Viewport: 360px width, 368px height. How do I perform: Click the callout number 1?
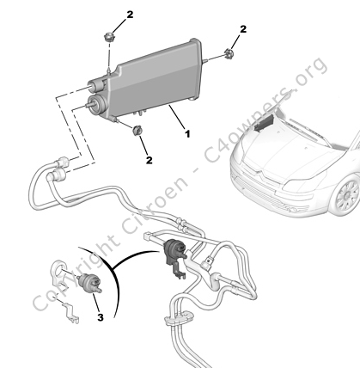(x=187, y=134)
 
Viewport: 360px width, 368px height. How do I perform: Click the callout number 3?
(x=101, y=317)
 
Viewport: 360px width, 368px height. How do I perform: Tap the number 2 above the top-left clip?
(x=130, y=15)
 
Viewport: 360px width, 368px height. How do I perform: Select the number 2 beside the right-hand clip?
(x=243, y=29)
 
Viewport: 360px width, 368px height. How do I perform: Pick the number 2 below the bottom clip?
(x=149, y=160)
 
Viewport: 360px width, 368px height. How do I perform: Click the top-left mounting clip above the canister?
(x=109, y=37)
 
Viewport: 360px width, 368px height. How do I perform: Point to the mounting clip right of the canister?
(x=229, y=53)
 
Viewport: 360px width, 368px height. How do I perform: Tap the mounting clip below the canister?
(x=137, y=130)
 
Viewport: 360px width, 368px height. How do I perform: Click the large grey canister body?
(x=155, y=79)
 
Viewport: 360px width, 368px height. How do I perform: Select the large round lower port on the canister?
(x=95, y=103)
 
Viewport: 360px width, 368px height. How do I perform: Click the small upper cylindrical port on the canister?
(x=98, y=84)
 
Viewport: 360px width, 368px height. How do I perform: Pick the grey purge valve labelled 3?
(x=89, y=283)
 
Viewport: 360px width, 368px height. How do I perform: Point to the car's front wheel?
(x=346, y=196)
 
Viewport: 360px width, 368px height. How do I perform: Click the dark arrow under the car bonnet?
(x=264, y=123)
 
